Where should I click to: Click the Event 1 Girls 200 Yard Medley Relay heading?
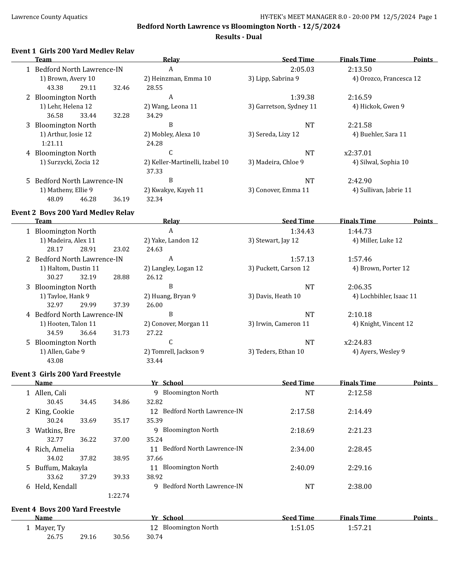[x=73, y=51]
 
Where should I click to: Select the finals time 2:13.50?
[x=360, y=69]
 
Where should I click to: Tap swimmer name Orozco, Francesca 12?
[x=386, y=79]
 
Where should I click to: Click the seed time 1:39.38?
[x=302, y=97]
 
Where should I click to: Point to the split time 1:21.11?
[x=52, y=143]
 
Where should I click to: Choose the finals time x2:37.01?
[x=358, y=153]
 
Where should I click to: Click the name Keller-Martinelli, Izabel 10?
[x=186, y=162]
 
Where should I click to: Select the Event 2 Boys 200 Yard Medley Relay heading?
[x=73, y=213]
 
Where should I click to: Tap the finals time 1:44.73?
[x=360, y=231]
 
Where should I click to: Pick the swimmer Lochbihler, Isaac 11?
[x=384, y=296]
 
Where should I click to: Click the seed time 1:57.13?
[x=302, y=259]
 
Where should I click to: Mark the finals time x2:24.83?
[x=358, y=342]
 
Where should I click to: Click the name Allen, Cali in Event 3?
[x=51, y=393]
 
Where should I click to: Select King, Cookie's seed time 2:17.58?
[x=302, y=411]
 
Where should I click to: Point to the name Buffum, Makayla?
[x=61, y=468]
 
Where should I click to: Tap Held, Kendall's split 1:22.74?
[x=118, y=496]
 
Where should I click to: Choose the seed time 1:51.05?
[x=302, y=528]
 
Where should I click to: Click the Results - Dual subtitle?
[x=238, y=37]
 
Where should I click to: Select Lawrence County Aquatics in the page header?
[x=49, y=17]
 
